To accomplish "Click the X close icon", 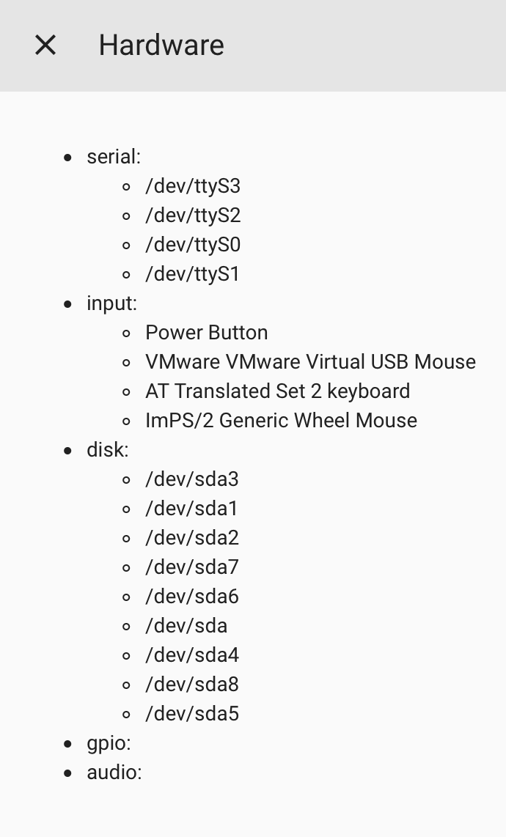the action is point(45,45).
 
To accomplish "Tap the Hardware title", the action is point(161,45).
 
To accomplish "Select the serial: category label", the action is point(113,157).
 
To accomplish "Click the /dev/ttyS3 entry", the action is point(193,186).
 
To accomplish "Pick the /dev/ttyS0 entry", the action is point(193,245).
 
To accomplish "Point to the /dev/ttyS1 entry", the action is point(193,274).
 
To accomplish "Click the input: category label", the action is point(111,303).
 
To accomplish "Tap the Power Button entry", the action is point(206,333).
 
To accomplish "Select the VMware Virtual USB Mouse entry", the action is point(310,362).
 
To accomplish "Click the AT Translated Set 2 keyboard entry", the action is point(277,391).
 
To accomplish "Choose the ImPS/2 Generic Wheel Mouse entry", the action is point(281,421).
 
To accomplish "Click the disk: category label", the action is point(107,450).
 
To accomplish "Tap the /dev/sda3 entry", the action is point(192,479).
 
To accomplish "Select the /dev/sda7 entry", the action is point(192,567).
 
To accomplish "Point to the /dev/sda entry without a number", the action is point(186,626).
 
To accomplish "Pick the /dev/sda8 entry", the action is point(192,685).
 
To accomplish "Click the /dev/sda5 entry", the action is point(192,714).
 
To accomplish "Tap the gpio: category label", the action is point(109,743).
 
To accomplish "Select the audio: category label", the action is point(114,773).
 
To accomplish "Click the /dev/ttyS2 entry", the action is point(193,215).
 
